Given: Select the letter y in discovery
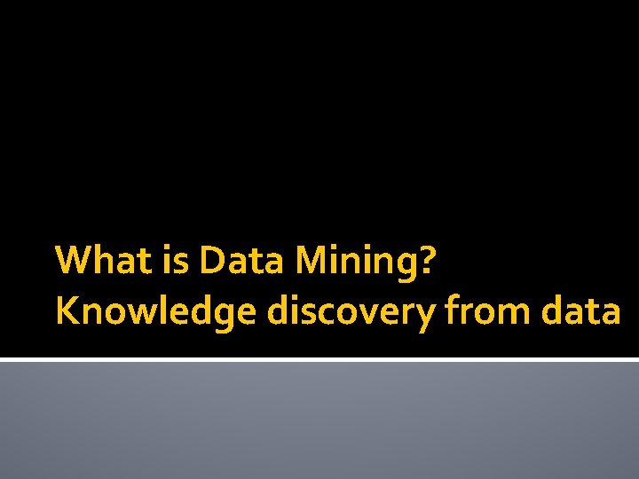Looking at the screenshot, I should (427, 315).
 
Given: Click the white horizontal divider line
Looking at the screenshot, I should (319, 360).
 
